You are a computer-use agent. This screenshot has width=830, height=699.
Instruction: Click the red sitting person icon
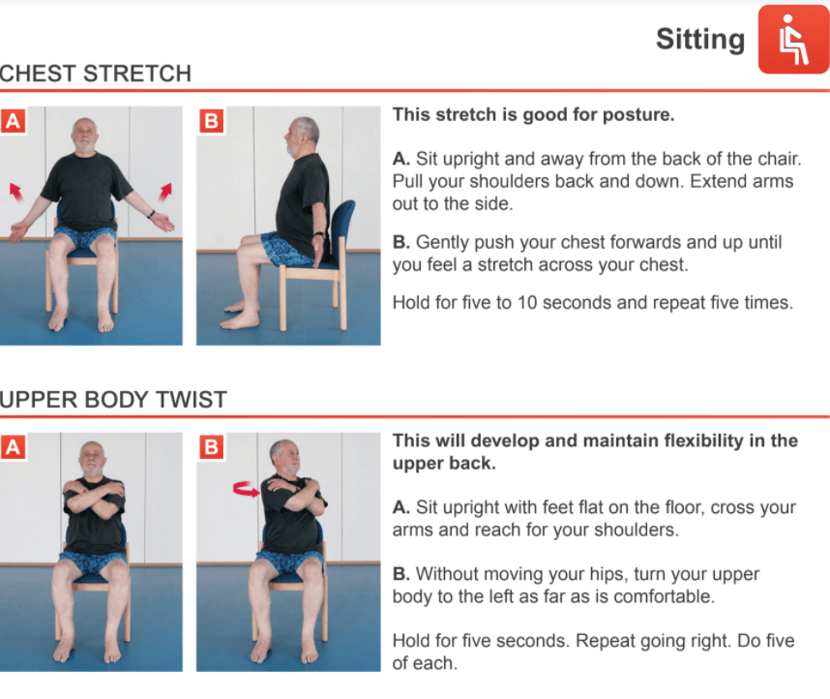point(793,40)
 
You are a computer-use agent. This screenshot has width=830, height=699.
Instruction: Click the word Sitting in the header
point(700,40)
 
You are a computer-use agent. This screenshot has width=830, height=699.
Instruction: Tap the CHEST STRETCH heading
point(95,74)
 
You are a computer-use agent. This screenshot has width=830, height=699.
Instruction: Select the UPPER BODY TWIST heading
point(113,400)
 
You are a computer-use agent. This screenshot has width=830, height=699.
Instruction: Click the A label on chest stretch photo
point(13,121)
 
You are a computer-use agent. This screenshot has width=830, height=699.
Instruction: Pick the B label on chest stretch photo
point(211,121)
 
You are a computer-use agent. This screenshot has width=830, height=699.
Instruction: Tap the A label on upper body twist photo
point(13,446)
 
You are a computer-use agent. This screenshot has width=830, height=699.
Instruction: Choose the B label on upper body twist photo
point(211,446)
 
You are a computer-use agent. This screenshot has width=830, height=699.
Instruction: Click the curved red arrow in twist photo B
point(247,489)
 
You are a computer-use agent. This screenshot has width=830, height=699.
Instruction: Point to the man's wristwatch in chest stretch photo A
point(151,215)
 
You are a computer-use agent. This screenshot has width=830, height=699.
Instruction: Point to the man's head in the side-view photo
point(302,137)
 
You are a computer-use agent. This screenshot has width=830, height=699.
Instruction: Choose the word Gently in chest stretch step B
point(442,242)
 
